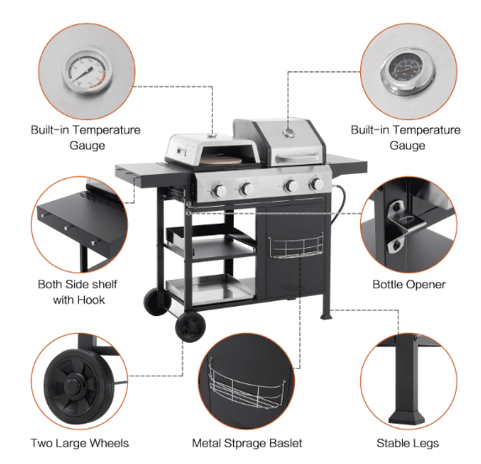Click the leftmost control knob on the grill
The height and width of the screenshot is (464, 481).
point(219,191)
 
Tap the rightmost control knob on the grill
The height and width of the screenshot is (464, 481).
point(316,184)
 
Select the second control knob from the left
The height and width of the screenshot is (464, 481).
point(246,189)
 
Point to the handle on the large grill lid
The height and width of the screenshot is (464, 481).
point(297,158)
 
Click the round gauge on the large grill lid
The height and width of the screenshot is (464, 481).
point(289,133)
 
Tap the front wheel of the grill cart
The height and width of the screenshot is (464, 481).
point(191,327)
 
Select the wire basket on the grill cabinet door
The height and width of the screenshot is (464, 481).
point(296,246)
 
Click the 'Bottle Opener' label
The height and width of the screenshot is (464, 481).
point(409,285)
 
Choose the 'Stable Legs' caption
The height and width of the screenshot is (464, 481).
point(408,443)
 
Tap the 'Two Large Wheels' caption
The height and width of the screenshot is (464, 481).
point(80,443)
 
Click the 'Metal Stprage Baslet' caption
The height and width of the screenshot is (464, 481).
point(247,443)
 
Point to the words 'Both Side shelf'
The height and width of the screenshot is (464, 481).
point(77,284)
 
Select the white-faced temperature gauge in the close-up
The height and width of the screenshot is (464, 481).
point(87,72)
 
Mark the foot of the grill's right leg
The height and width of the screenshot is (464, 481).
point(326,315)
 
